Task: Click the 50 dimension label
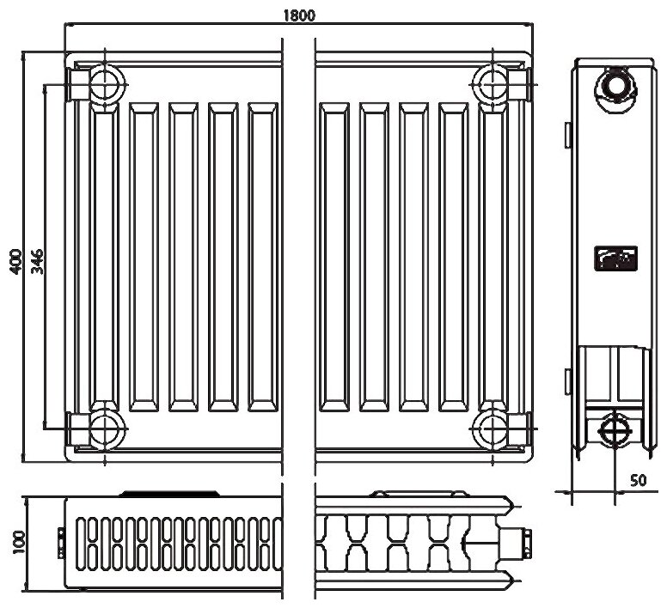(x=637, y=480)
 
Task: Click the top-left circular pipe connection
(x=105, y=83)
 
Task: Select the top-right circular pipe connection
(x=493, y=83)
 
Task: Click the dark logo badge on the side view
(x=615, y=258)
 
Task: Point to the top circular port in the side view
(x=615, y=86)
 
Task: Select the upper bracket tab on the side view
(x=568, y=132)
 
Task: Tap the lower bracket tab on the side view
(x=568, y=378)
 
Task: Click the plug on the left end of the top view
(x=60, y=540)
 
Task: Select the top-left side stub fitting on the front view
(x=77, y=84)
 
